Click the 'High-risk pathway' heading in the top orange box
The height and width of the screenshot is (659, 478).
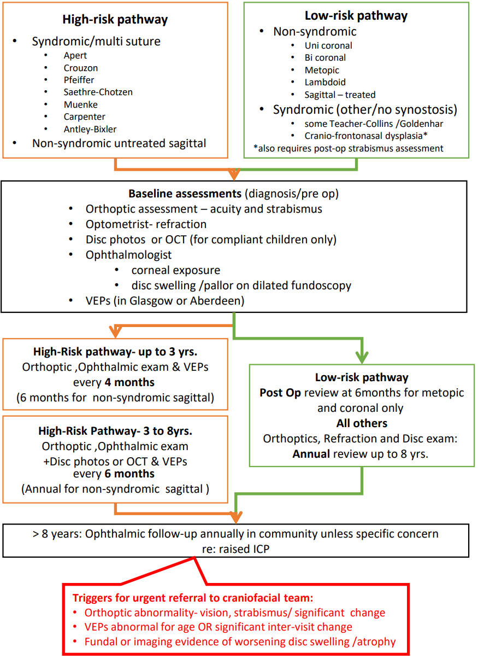(x=115, y=20)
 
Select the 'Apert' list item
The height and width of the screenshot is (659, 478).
(x=75, y=55)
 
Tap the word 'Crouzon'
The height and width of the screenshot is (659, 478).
(x=81, y=68)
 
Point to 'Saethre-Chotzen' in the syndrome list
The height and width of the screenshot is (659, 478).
(x=98, y=92)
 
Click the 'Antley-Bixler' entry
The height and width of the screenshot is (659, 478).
(x=90, y=129)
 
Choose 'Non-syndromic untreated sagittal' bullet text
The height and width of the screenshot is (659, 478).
(x=119, y=143)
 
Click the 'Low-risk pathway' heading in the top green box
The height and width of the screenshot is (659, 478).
(x=356, y=16)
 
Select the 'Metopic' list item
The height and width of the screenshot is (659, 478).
(x=322, y=70)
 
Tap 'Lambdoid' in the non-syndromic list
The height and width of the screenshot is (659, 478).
(x=325, y=82)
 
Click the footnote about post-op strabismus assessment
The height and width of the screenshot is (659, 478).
(x=348, y=148)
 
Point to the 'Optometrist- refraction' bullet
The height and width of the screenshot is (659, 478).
(x=146, y=224)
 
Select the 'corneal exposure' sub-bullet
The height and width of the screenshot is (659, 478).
(x=176, y=270)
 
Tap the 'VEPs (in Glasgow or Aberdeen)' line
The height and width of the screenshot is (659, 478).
(x=164, y=301)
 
